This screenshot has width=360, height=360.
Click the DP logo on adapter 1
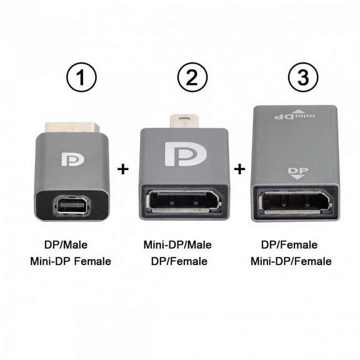point(72,158)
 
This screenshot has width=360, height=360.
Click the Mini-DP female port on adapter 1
point(72,205)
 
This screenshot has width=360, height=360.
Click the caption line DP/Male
point(70,246)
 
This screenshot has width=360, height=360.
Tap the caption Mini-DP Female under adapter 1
point(70,261)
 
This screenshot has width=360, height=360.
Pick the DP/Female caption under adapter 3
point(291,245)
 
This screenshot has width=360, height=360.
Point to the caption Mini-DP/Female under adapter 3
point(291,261)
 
